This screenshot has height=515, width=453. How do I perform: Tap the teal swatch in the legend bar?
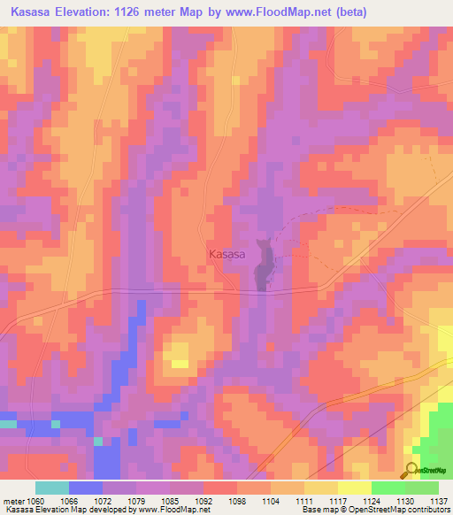coord(51,488)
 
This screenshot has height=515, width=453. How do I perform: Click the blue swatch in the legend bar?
coord(85,488)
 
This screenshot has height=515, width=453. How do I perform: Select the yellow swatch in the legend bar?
coord(354,488)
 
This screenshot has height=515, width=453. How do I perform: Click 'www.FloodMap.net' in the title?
coord(270,12)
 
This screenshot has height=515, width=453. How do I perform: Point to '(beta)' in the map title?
coord(345,12)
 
